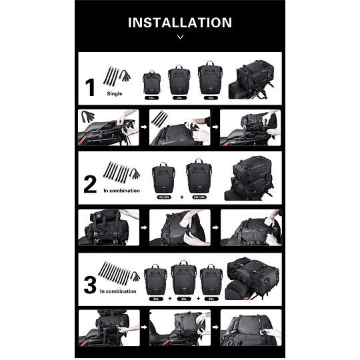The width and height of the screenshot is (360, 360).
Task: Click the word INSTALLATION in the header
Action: pos(180,23)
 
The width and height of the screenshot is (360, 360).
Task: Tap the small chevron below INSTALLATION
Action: pos(180,37)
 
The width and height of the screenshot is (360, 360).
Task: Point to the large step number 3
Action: pos(91,285)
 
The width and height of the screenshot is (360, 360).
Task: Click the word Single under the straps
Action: pos(114,94)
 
